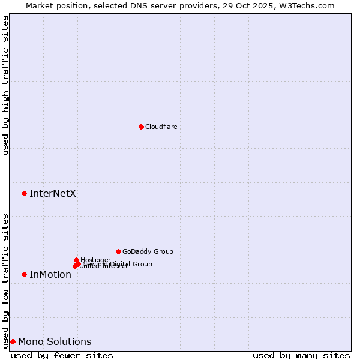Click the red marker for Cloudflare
(x=141, y=127)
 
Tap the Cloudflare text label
(x=161, y=127)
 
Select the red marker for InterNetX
(x=24, y=193)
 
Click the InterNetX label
(x=53, y=193)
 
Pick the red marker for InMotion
(x=24, y=274)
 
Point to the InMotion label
(x=50, y=275)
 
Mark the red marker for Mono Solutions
(x=13, y=341)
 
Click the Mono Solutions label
(x=55, y=342)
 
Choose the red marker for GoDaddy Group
(x=118, y=251)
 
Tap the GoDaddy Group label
(x=148, y=251)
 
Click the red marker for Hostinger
(x=76, y=260)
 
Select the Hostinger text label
(x=95, y=260)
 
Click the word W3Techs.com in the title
(x=308, y=5)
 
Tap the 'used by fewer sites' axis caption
(x=62, y=355)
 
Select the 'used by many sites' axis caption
(x=301, y=355)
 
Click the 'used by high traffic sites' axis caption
(x=5, y=85)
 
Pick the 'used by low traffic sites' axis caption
(x=5, y=281)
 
